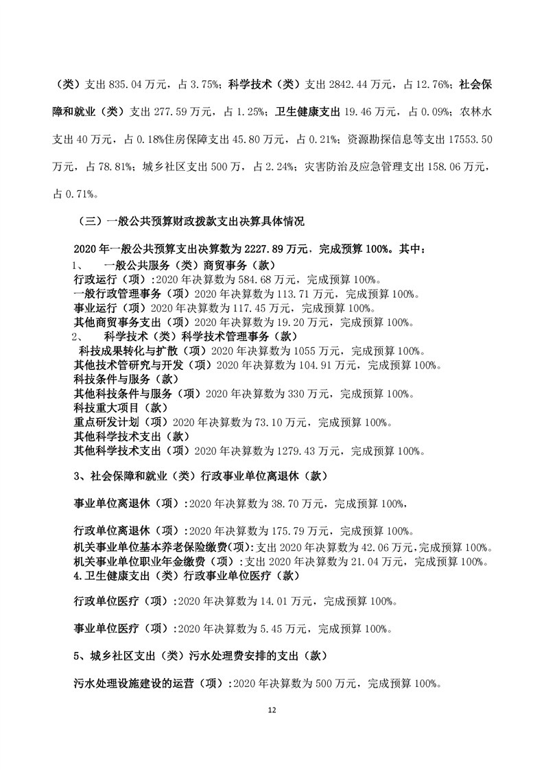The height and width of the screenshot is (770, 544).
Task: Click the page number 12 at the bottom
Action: coord(272,710)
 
